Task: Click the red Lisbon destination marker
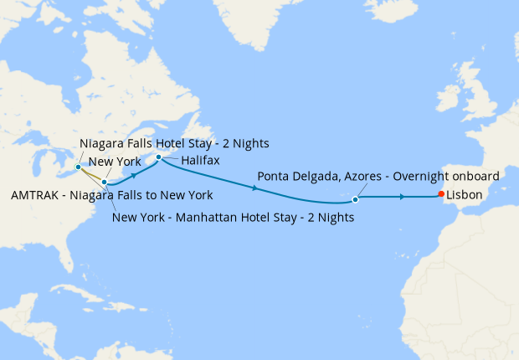(441, 196)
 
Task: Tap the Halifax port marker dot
(159, 157)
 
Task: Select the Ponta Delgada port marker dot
(356, 200)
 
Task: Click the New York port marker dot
(104, 182)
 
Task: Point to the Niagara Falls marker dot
(78, 167)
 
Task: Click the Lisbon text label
(465, 196)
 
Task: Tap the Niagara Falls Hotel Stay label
(174, 143)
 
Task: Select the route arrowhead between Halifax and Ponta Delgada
(254, 188)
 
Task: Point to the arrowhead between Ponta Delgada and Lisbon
(403, 197)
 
